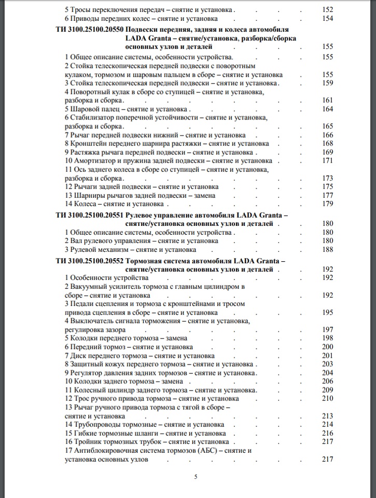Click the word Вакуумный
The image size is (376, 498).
point(90,287)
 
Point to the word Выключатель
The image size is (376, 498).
point(94,321)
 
